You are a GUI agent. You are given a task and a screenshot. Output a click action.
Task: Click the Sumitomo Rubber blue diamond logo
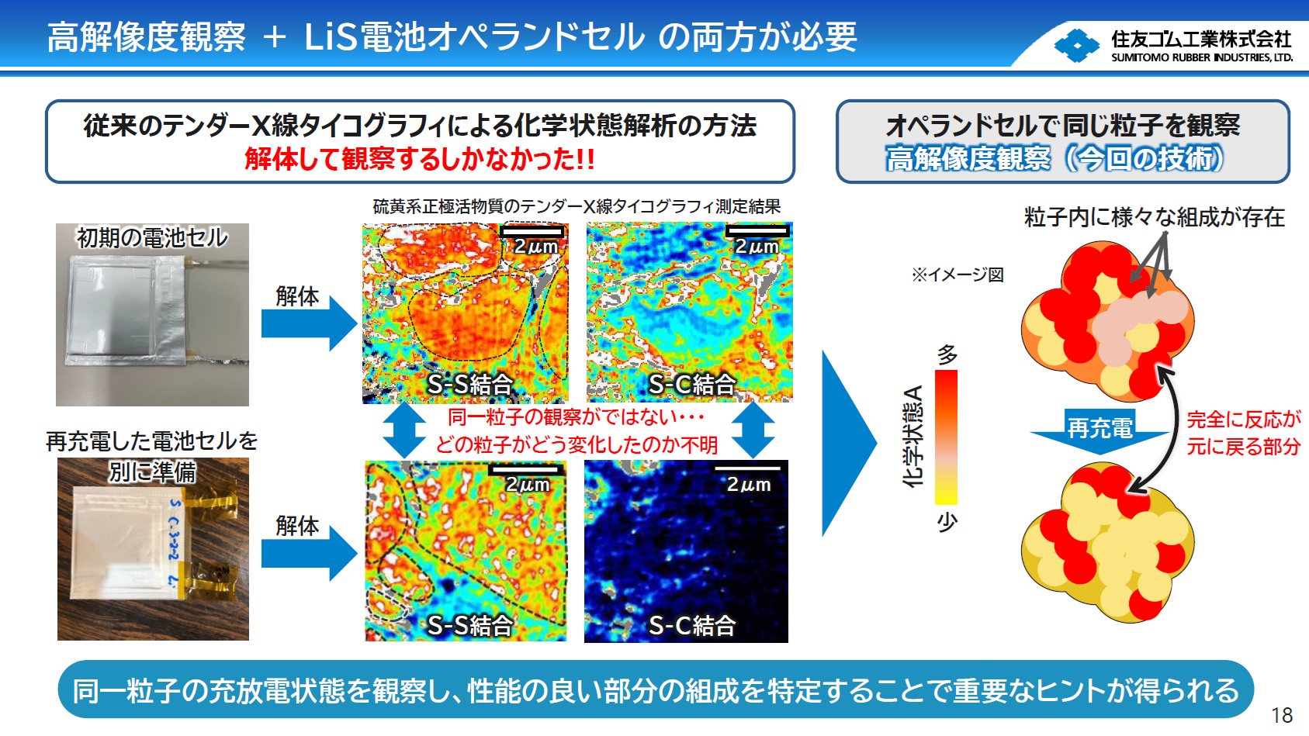coord(1076,46)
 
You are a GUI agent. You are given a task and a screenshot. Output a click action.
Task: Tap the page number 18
coord(1282,715)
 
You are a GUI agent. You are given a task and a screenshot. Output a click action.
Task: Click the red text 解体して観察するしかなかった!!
coord(420,159)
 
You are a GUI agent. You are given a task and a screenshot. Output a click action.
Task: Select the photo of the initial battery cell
coord(152,314)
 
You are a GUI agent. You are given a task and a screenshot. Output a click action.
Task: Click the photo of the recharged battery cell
coord(153,549)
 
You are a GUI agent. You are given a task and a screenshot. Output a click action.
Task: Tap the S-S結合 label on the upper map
coord(470,384)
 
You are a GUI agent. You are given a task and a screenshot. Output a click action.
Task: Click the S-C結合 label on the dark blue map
coord(691,625)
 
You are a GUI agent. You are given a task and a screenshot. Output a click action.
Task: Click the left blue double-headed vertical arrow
coord(404,430)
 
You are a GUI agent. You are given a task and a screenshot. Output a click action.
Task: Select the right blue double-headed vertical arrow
coord(753,430)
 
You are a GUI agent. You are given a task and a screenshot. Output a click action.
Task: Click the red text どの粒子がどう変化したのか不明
coord(577,444)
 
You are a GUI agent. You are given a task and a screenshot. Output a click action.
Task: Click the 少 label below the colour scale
coord(947,521)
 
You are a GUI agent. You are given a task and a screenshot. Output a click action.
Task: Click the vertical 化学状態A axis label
coord(913,436)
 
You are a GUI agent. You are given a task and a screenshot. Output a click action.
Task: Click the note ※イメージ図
coord(958,275)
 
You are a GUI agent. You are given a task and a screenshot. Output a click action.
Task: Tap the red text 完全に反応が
coord(1243,420)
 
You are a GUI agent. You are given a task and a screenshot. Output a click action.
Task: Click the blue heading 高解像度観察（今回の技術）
coord(1054,158)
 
